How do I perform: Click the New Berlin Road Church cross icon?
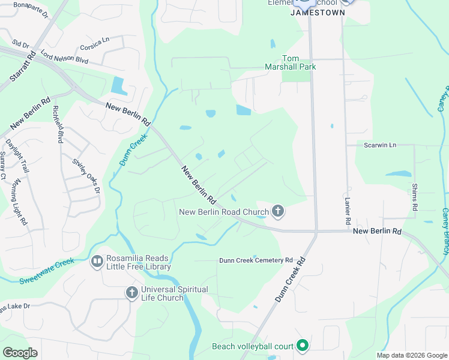tap(277, 211)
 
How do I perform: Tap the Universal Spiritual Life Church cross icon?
tap(132, 293)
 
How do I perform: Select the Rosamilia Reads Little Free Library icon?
tap(97, 262)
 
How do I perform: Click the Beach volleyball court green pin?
tap(303, 346)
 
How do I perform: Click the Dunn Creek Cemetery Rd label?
tap(255, 260)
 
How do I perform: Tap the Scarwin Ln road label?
tap(381, 145)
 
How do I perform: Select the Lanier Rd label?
tap(348, 212)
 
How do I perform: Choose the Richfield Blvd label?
tap(58, 124)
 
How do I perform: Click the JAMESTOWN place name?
tap(318, 12)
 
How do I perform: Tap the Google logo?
tap(20, 352)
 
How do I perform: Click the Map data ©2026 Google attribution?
tap(411, 355)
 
